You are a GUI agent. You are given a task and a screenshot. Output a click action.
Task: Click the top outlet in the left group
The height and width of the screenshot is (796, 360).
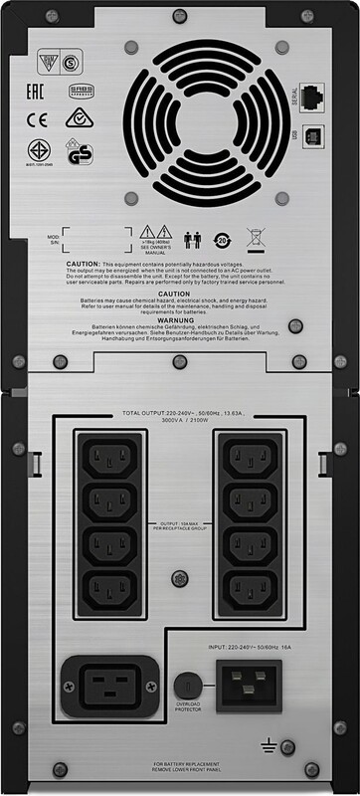109,459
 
